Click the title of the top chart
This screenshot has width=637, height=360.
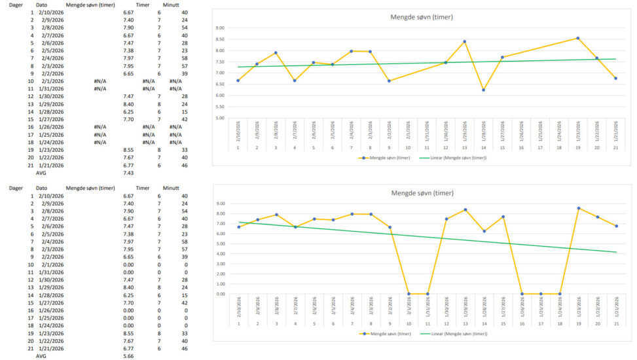pos(421,17)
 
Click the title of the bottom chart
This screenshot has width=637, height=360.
pos(421,193)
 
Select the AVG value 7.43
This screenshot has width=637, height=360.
pos(128,173)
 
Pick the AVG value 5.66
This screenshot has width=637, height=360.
pos(128,357)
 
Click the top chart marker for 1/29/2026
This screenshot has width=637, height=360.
pos(464,42)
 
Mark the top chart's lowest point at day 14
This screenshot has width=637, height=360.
pos(483,90)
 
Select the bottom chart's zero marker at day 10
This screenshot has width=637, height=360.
pos(408,294)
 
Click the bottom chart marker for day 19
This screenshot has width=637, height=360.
pos(578,208)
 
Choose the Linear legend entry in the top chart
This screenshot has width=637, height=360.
pos(459,158)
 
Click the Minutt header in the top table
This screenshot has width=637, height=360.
pos(171,5)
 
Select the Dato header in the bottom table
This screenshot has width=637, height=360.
pos(41,188)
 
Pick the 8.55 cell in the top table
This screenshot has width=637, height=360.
pos(128,150)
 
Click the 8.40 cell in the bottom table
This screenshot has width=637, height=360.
pos(128,287)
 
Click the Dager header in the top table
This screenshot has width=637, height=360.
pos(9,5)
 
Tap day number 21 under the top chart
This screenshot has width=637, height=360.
pos(615,147)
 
